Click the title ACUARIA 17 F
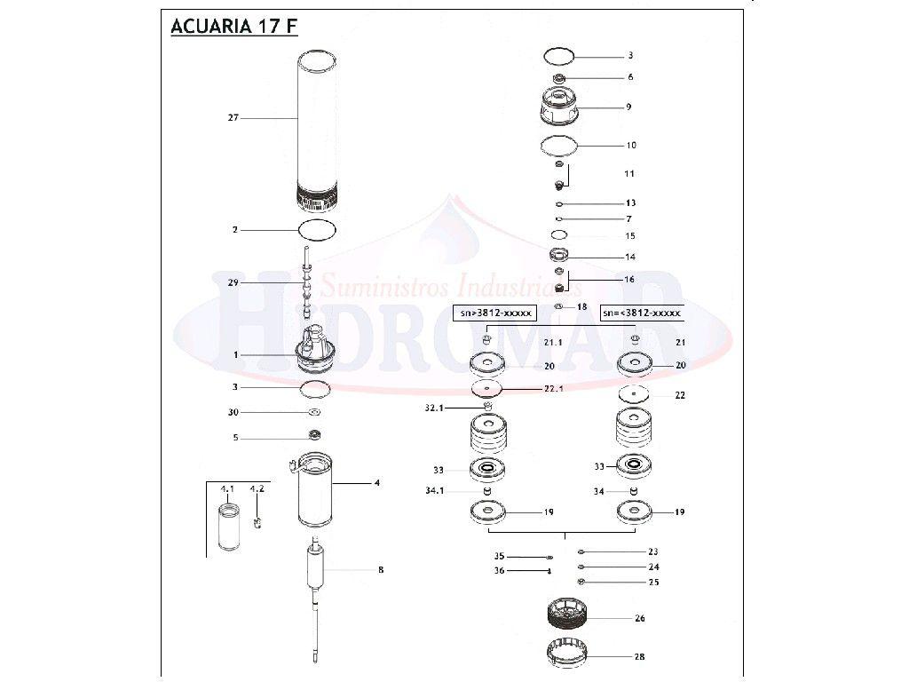click(x=233, y=26)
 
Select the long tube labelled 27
click(x=317, y=124)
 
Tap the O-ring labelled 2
click(x=318, y=229)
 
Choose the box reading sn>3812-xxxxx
click(x=495, y=313)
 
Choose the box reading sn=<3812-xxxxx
click(x=642, y=313)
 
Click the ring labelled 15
click(x=559, y=235)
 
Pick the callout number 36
click(x=499, y=571)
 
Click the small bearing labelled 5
click(x=313, y=436)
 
